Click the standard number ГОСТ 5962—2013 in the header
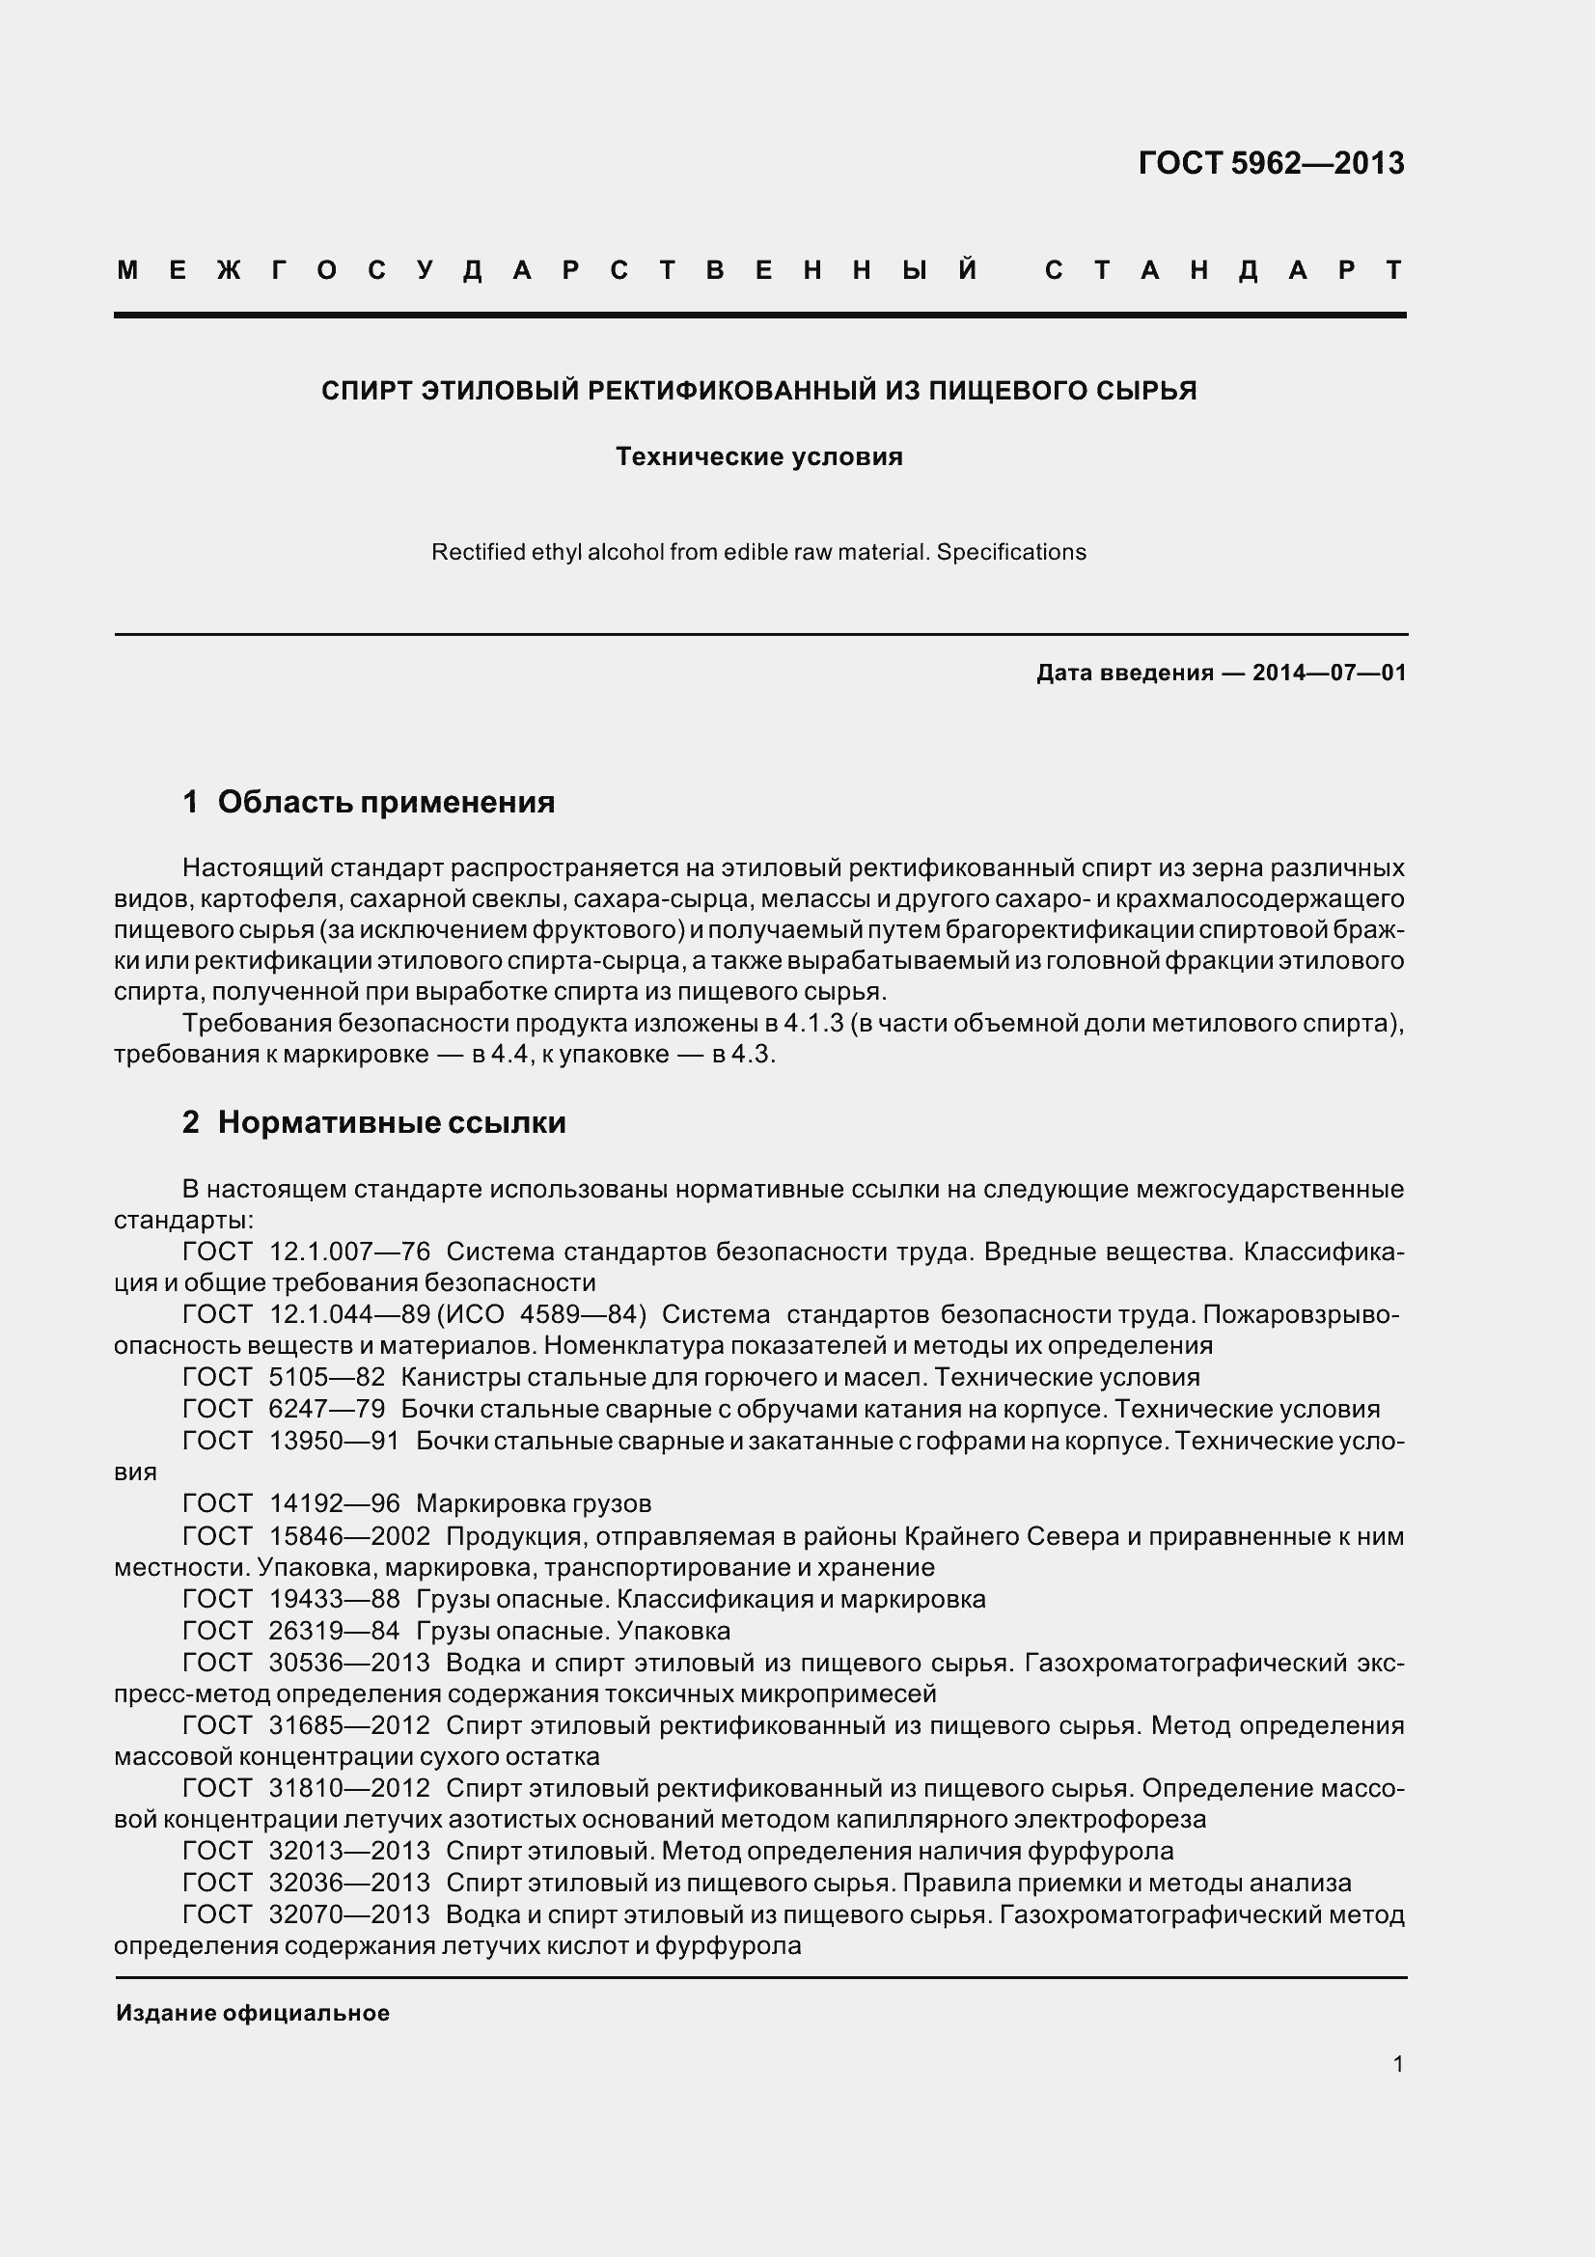(x=1271, y=163)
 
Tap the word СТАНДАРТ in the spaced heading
(x=1224, y=270)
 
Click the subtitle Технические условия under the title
(x=758, y=457)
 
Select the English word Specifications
(x=1011, y=553)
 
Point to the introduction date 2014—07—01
(x=1329, y=674)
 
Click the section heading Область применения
(x=385, y=802)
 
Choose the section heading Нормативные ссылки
(x=391, y=1122)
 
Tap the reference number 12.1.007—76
(x=349, y=1252)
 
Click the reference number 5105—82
(x=326, y=1377)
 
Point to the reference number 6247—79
(x=326, y=1409)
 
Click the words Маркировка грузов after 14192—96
(x=534, y=1503)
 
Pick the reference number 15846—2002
(x=349, y=1535)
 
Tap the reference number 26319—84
(x=334, y=1631)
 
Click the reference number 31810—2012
(x=349, y=1788)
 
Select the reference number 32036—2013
(x=349, y=1883)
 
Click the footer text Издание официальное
(x=253, y=2013)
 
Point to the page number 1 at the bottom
(x=1397, y=2064)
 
